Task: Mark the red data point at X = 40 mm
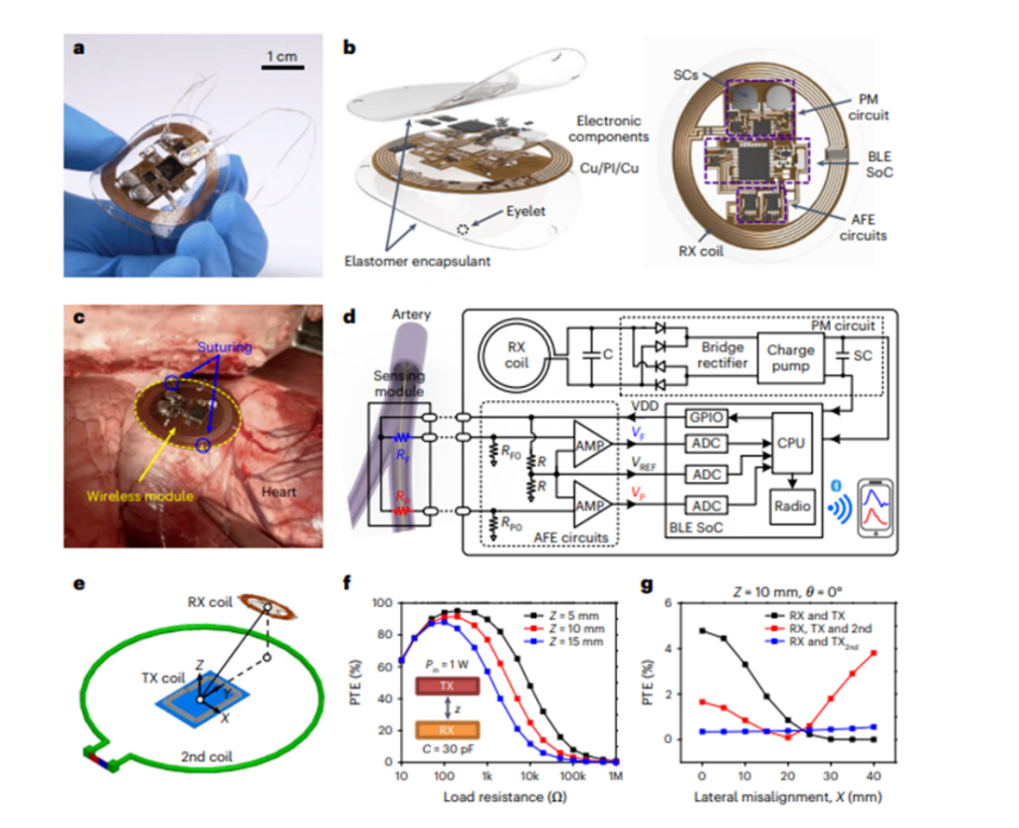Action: pyautogui.click(x=875, y=653)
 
